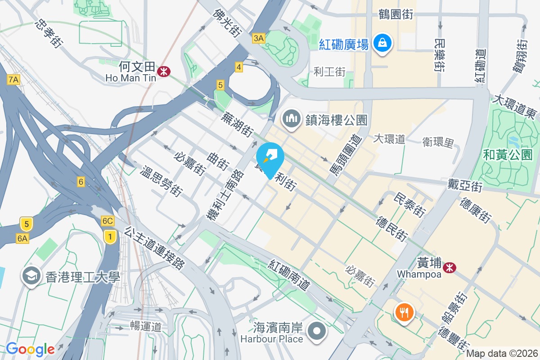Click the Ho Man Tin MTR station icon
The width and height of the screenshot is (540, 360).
click(164, 71)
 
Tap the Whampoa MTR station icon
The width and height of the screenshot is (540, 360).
click(449, 268)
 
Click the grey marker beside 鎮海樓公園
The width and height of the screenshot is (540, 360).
click(292, 119)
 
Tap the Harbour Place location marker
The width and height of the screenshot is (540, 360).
click(317, 332)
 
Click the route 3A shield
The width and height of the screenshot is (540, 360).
click(258, 38)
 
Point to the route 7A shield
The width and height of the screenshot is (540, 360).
click(14, 80)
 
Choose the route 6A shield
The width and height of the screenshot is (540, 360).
click(22, 238)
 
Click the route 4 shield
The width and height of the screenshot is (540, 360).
click(238, 67)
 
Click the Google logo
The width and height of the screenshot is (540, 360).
click(30, 349)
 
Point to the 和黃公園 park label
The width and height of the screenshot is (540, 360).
click(508, 155)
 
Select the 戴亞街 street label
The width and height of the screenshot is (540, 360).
click(465, 184)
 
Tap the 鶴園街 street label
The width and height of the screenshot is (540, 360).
click(396, 14)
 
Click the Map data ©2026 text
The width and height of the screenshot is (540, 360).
click(502, 354)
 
